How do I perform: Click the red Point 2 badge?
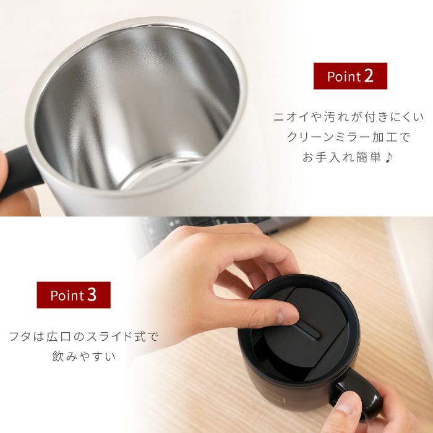(x=350, y=76)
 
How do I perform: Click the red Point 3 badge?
(x=73, y=295)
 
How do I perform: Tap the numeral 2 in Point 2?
(x=369, y=76)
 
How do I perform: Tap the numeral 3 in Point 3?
(x=92, y=295)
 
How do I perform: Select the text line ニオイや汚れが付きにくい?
(x=349, y=116)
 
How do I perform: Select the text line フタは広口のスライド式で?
(x=84, y=337)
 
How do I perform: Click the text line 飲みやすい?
(x=84, y=358)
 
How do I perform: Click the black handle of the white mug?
(x=19, y=170)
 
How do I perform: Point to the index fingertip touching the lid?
(x=286, y=317)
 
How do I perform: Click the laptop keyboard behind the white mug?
(x=204, y=224)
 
